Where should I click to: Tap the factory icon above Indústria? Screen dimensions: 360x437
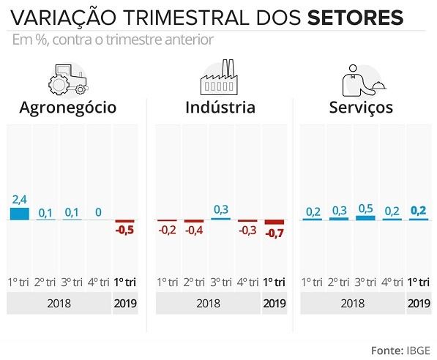(219, 75)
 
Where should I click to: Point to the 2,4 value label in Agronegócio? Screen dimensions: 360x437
(20, 199)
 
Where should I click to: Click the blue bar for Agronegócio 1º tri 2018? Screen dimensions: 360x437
(20, 214)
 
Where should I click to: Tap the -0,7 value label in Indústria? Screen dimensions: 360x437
(274, 234)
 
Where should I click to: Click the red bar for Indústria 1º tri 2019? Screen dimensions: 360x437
(274, 222)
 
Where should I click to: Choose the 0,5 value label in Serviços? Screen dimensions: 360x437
(365, 207)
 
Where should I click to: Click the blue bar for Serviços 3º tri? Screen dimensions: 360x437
(365, 217)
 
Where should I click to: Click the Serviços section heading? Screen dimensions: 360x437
(360, 108)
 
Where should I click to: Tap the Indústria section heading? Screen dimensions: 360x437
(220, 108)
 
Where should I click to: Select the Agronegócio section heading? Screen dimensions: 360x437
(68, 108)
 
